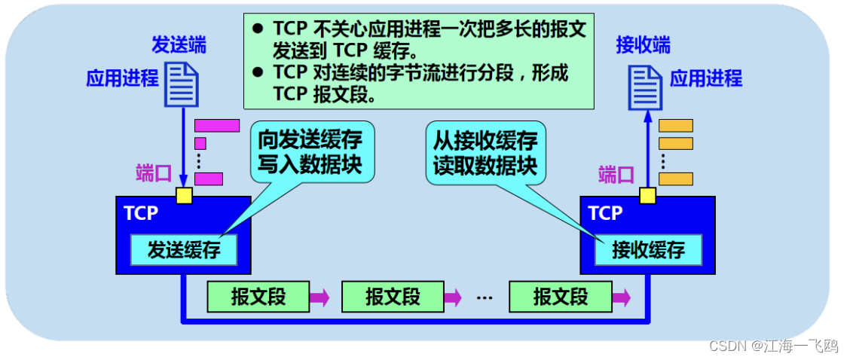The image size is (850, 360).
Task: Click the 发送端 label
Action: (179, 44)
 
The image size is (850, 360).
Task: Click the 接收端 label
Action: (643, 44)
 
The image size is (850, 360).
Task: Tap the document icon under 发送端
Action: (182, 83)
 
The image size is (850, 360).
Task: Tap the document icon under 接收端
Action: (647, 83)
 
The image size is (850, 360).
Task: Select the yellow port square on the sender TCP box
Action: (183, 196)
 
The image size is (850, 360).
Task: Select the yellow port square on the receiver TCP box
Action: (647, 196)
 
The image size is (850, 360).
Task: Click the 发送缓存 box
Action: (184, 250)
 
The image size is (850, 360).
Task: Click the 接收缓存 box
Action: (648, 250)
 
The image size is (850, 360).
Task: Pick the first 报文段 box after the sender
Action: (258, 297)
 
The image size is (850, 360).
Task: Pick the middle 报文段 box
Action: (393, 297)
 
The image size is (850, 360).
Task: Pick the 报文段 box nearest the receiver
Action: (560, 297)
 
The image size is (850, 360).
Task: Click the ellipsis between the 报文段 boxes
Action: (484, 297)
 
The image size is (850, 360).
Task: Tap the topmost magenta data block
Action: (217, 125)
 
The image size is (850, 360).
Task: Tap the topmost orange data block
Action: (675, 125)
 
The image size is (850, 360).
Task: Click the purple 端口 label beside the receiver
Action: (617, 175)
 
